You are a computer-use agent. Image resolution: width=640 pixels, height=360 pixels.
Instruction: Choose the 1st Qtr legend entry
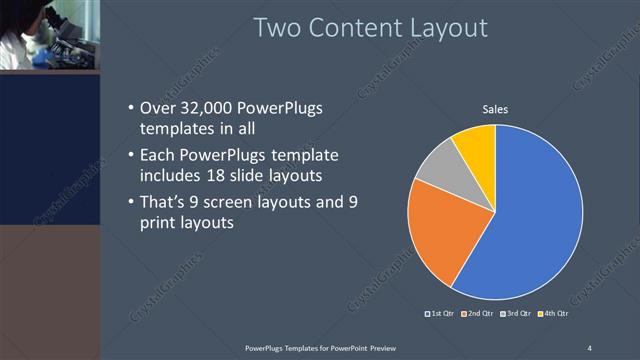tap(441, 314)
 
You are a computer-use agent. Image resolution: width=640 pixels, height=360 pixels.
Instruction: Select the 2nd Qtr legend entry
tap(477, 314)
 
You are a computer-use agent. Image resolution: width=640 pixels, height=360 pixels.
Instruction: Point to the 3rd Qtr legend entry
tap(514, 314)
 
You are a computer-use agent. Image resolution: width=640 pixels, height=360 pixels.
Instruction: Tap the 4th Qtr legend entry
tap(551, 314)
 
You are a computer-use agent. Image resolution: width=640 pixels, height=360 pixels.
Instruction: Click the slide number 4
tap(589, 347)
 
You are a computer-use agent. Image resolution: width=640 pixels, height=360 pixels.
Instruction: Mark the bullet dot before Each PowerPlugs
tap(132, 156)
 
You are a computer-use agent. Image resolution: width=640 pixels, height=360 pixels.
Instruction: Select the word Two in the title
tap(279, 27)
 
